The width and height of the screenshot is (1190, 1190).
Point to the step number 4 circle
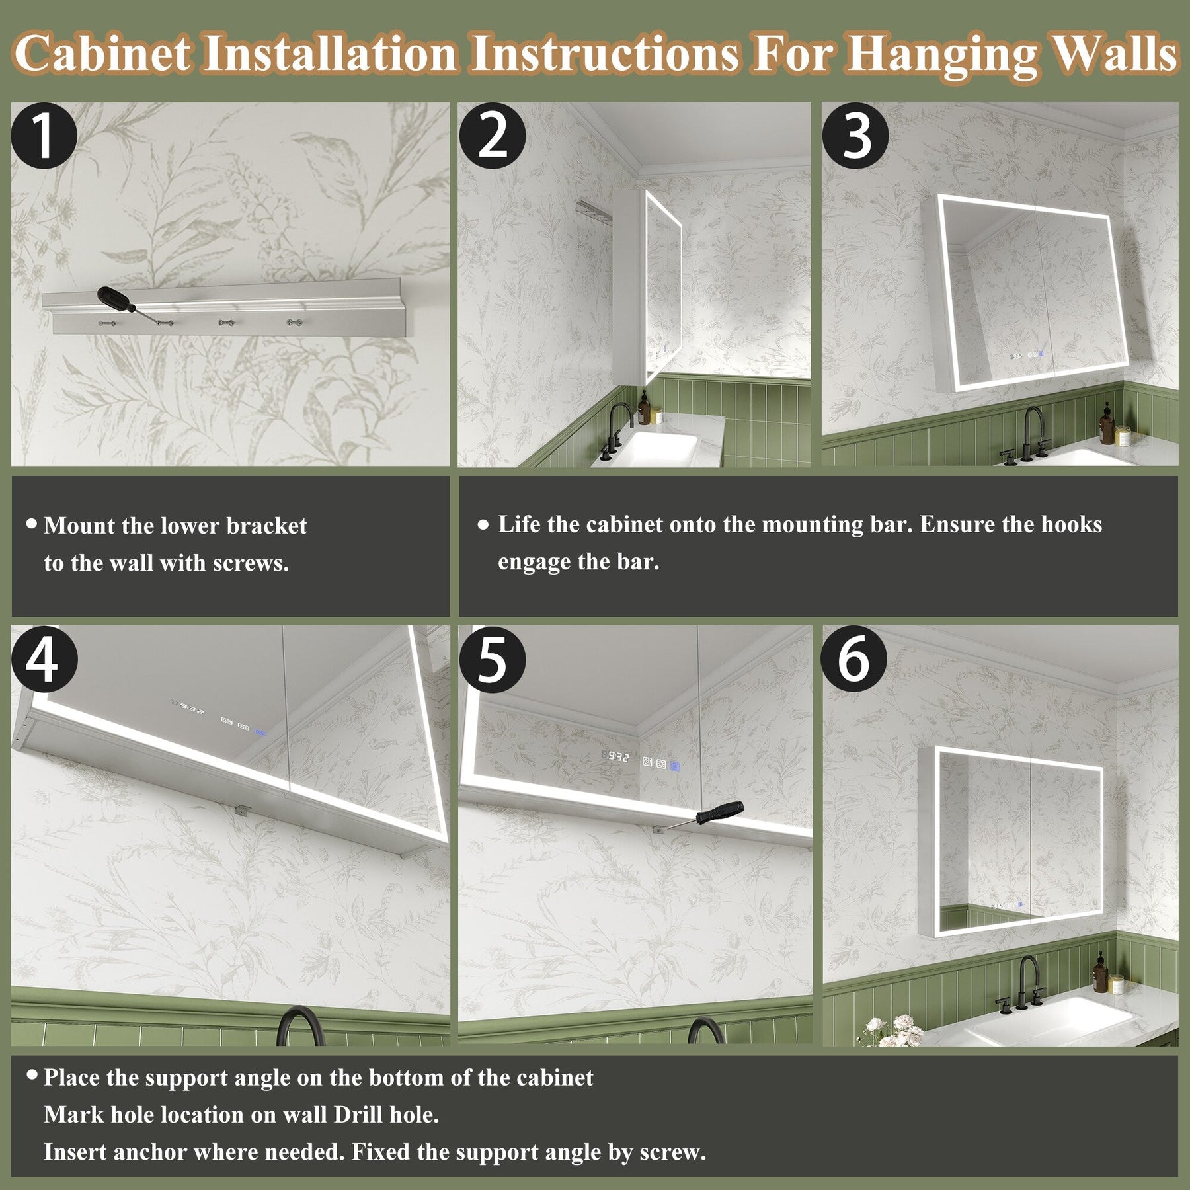[44, 659]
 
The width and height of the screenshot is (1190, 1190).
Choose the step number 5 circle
[492, 659]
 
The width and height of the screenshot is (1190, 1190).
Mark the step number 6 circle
[855, 659]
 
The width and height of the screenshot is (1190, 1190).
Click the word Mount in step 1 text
[79, 526]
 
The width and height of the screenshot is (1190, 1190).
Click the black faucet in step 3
[1025, 436]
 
